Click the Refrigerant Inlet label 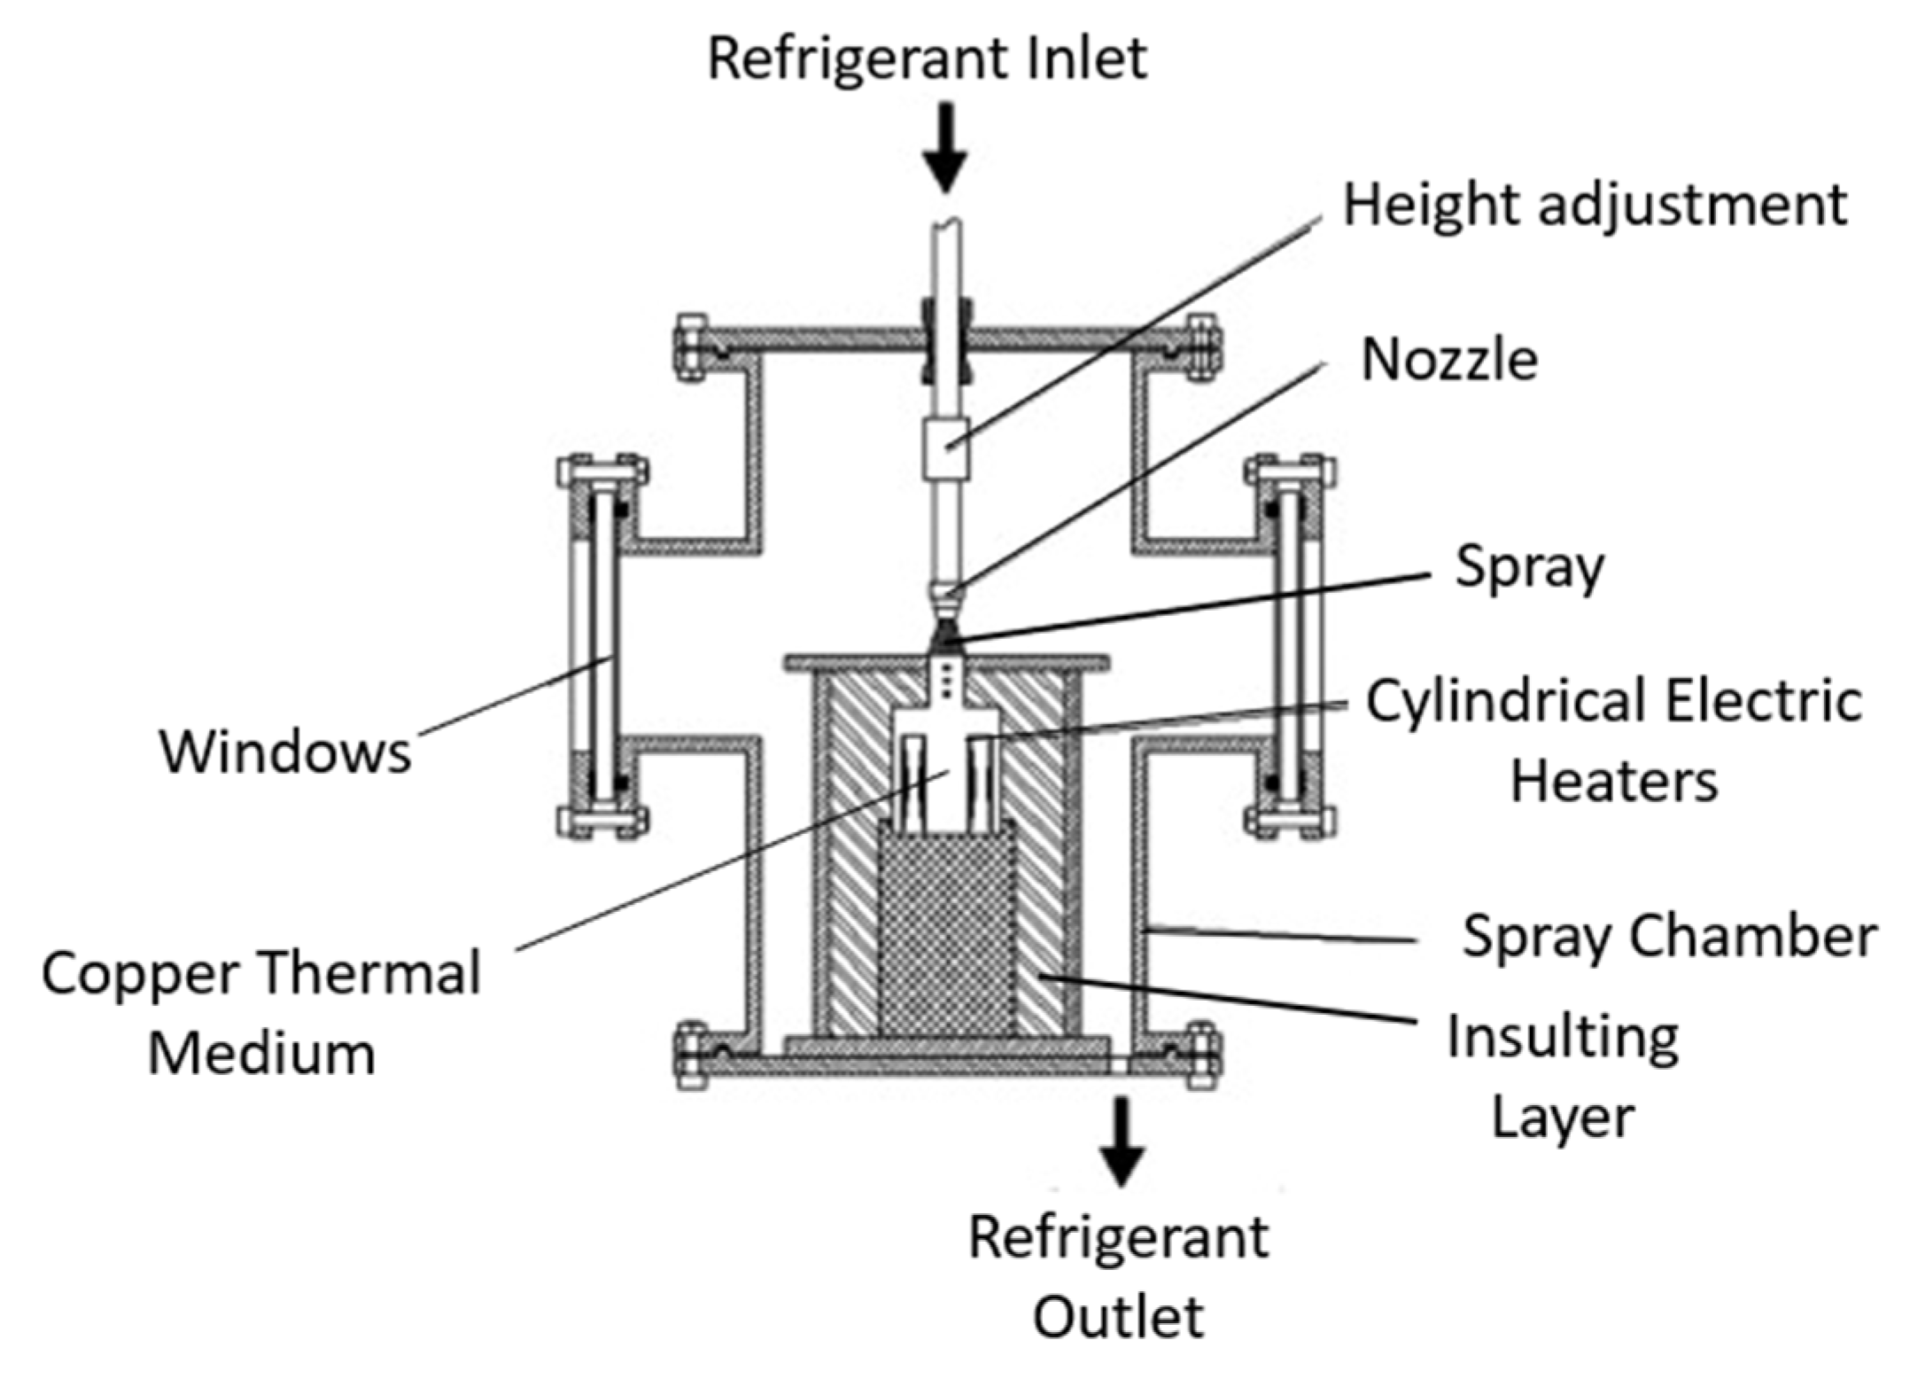(x=927, y=58)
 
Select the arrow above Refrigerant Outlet (x=1122, y=1141)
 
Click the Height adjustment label (x=1595, y=206)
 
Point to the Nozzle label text (x=1449, y=360)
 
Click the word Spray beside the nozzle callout (x=1530, y=568)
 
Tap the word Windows (x=285, y=752)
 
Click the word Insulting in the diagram (x=1563, y=1039)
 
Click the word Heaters (x=1613, y=782)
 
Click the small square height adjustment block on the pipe (x=946, y=448)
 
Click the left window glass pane (x=602, y=646)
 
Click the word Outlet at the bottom (x=1118, y=1318)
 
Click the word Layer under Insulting (x=1563, y=1118)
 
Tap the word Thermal (x=371, y=973)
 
